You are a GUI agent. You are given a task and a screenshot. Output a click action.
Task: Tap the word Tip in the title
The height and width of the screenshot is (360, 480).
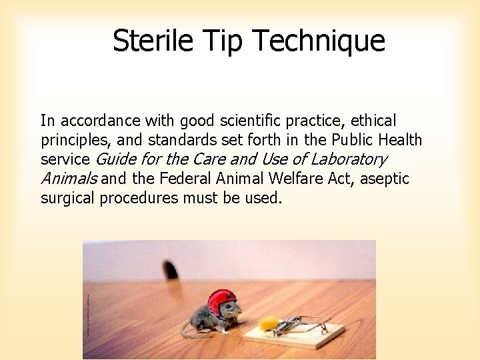(x=219, y=41)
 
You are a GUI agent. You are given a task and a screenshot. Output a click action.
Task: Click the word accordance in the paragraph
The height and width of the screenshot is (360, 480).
(x=97, y=121)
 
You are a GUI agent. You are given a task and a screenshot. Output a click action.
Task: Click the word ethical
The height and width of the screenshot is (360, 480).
(x=370, y=121)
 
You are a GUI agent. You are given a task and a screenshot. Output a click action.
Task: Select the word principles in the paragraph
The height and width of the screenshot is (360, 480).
(x=74, y=141)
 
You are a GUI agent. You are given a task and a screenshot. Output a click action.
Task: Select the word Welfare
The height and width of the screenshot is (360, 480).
(x=291, y=179)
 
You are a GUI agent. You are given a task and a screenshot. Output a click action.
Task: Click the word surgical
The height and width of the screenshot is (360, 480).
(x=68, y=198)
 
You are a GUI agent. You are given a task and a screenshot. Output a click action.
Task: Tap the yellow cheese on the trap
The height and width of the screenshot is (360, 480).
(x=268, y=323)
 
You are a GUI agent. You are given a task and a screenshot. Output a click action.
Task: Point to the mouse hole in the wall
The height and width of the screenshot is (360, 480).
(x=171, y=270)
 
